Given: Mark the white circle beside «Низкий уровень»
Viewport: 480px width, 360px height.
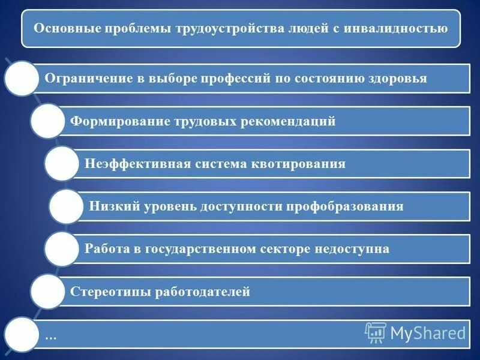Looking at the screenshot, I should click(66, 206).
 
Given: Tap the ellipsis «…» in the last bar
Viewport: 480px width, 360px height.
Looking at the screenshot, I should click(50, 336).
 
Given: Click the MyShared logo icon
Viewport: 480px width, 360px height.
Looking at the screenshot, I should click(375, 331).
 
